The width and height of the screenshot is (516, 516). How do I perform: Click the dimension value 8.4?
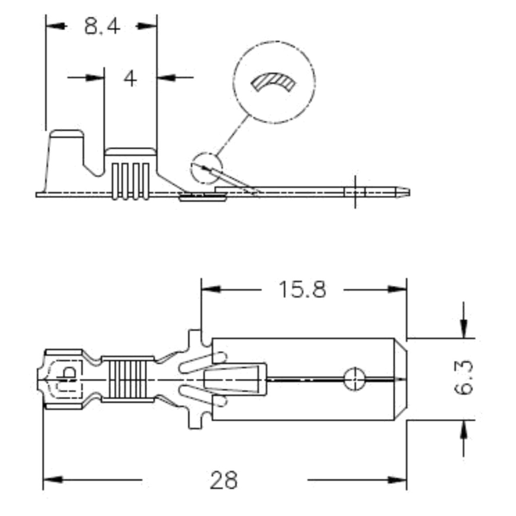pyautogui.click(x=102, y=26)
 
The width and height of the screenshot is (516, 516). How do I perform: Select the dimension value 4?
pyautogui.click(x=130, y=78)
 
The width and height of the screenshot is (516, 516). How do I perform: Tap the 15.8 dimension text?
pyautogui.click(x=302, y=289)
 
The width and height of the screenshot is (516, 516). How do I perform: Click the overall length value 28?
pyautogui.click(x=224, y=480)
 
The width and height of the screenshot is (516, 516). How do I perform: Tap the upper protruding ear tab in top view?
pyautogui.click(x=195, y=342)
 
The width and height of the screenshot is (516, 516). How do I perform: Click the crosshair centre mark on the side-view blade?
pyautogui.click(x=355, y=192)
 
